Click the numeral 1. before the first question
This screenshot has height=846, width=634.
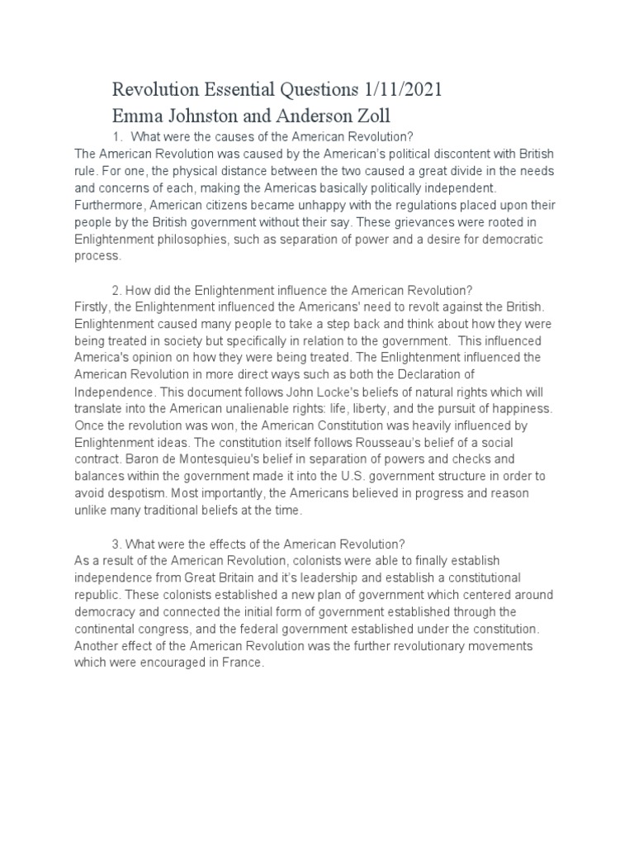click(116, 136)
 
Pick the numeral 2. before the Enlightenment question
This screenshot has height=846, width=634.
click(116, 290)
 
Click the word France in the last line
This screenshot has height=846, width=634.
click(244, 663)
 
